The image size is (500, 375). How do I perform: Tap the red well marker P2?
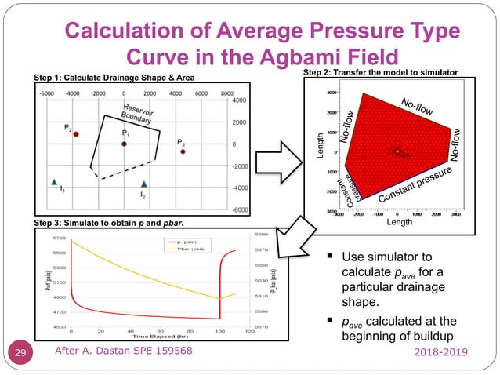[x=76, y=134]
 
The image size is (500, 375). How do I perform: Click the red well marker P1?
[x=124, y=144]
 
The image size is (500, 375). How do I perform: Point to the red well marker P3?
[x=182, y=151]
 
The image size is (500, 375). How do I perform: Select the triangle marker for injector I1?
[x=54, y=182]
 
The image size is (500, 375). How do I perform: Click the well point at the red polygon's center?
[x=398, y=151]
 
